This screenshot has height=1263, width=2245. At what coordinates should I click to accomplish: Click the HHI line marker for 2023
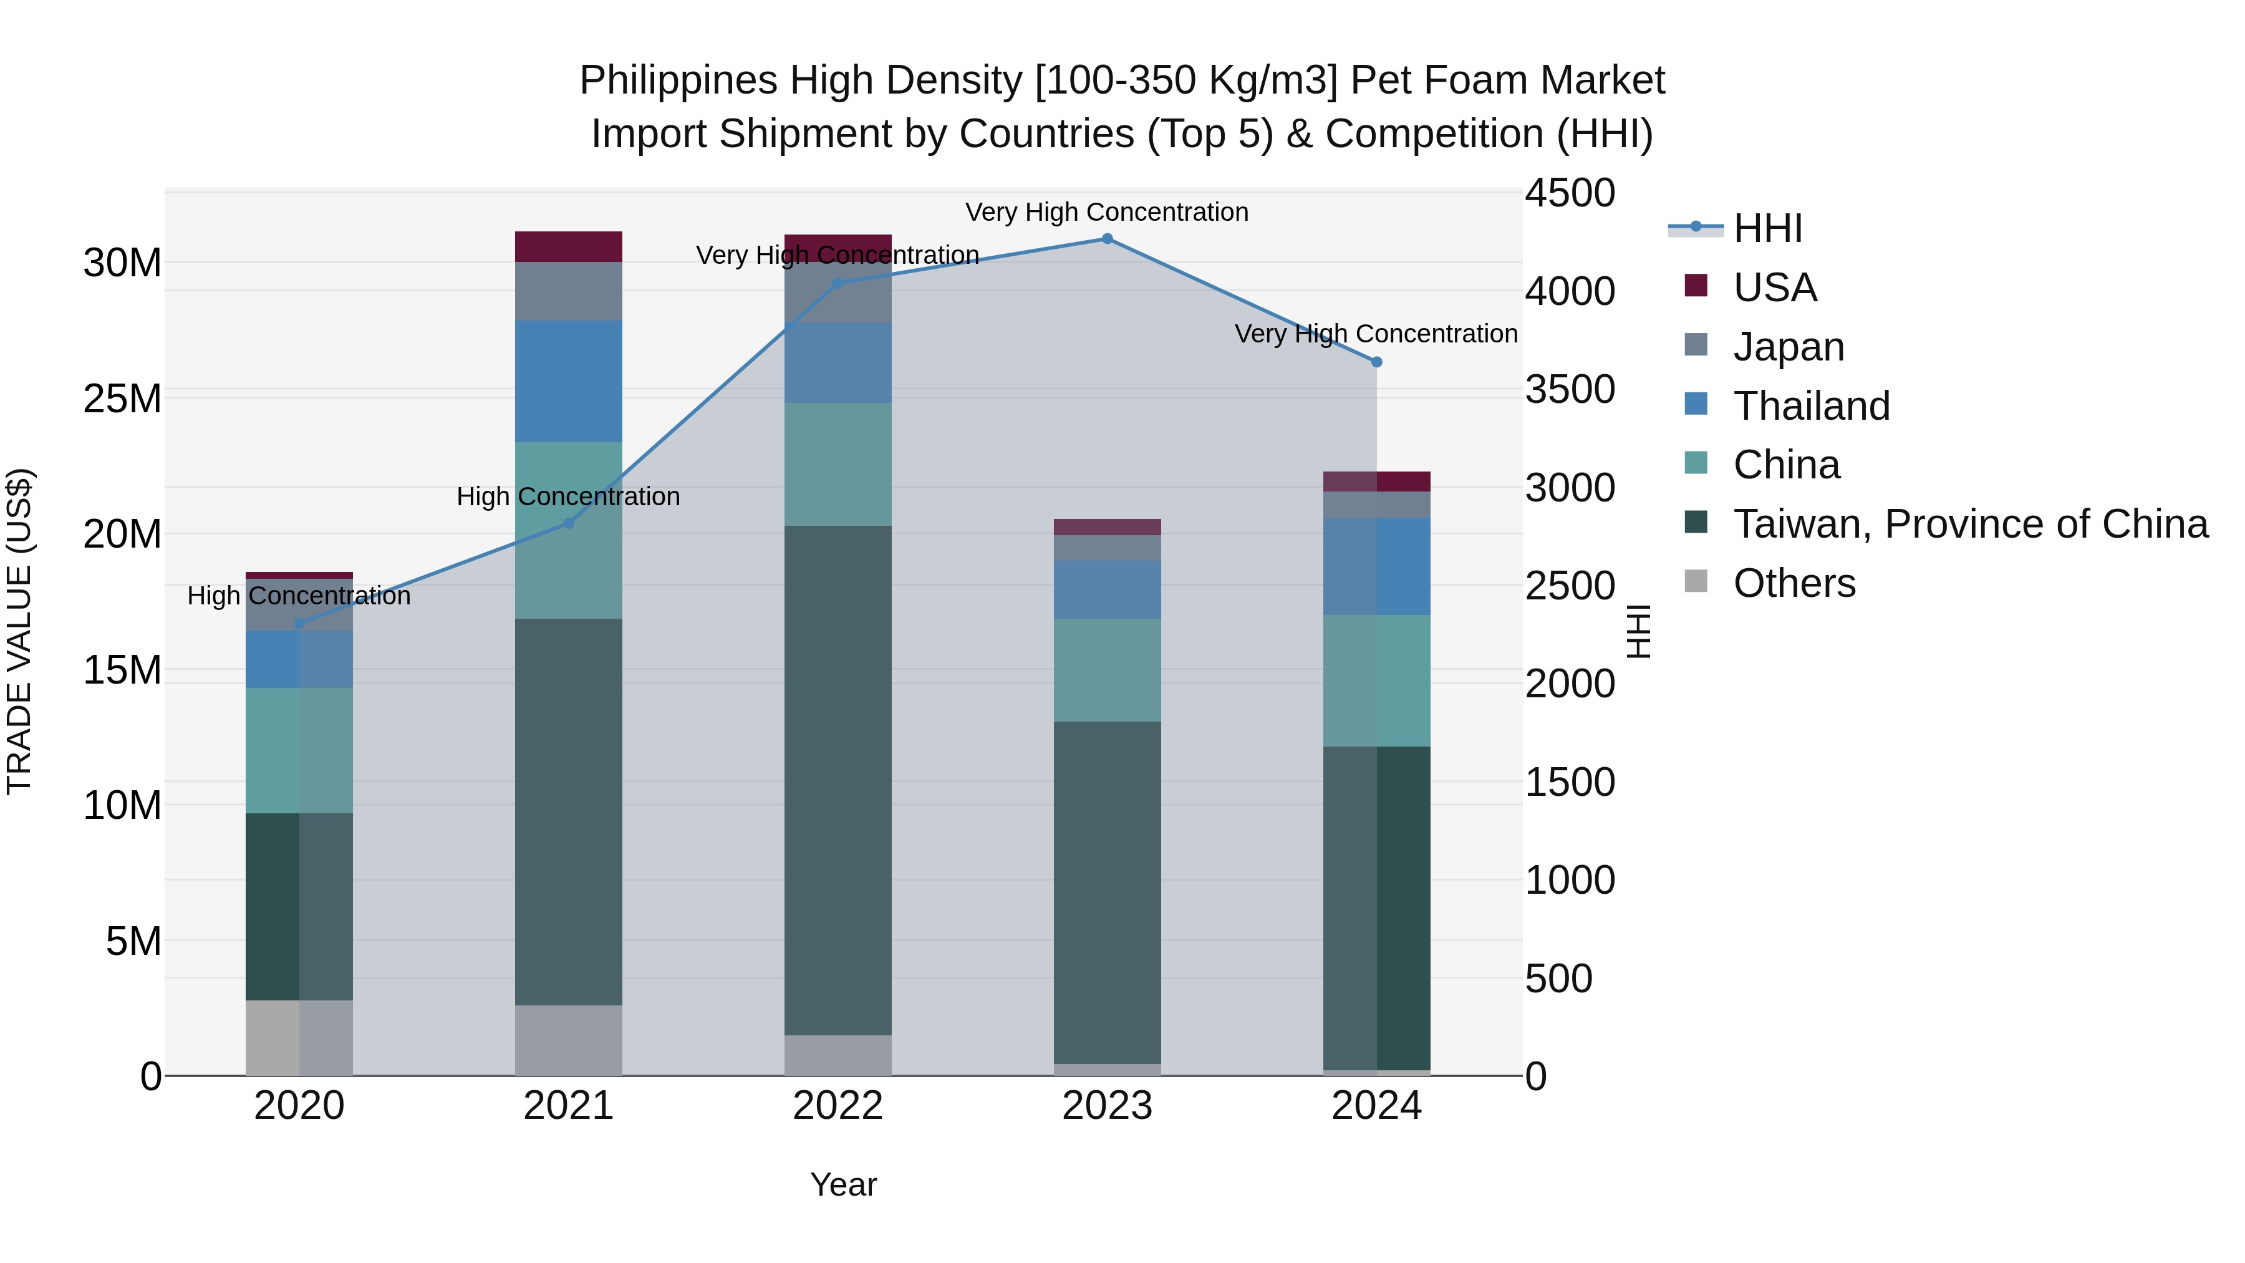click(x=1107, y=239)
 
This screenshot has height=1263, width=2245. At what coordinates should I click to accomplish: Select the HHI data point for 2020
click(x=299, y=623)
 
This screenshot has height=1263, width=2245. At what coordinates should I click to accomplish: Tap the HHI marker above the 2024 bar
click(x=1376, y=362)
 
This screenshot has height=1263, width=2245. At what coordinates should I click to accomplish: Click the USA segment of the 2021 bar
click(x=568, y=246)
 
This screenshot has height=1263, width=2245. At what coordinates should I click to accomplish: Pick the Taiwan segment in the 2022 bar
click(x=838, y=780)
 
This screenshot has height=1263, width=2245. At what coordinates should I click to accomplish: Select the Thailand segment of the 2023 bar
click(x=1107, y=590)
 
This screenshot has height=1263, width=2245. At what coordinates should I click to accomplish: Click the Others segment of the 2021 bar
click(x=568, y=1040)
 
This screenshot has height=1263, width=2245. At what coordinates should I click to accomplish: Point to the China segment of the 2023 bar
click(x=1107, y=670)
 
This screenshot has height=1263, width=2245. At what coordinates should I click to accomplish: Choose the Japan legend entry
click(x=1789, y=347)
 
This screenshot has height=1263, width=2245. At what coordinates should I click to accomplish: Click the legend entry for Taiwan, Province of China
click(x=1969, y=524)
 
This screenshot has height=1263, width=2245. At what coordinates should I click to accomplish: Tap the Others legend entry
click(x=1794, y=583)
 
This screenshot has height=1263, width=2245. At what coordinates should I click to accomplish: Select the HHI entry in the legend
click(x=1767, y=228)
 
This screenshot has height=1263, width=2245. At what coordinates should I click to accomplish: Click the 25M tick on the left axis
click(x=122, y=399)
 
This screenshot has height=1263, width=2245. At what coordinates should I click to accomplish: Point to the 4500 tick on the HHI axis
click(x=1569, y=193)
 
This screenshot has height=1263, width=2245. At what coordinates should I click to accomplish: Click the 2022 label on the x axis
click(x=838, y=1106)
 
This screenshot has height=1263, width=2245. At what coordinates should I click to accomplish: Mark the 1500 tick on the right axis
click(x=1569, y=782)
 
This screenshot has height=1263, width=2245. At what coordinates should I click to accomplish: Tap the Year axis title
click(x=842, y=1184)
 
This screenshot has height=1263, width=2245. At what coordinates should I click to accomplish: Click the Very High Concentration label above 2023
click(x=1107, y=212)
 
